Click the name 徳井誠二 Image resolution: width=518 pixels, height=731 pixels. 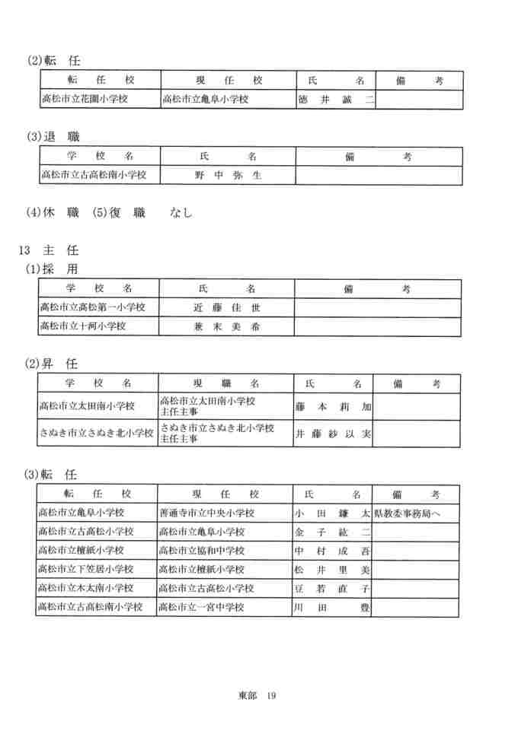tap(335, 100)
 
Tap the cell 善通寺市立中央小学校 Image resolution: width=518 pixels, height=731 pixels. tap(206, 513)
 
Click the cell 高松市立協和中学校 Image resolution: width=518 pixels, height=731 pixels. tap(202, 551)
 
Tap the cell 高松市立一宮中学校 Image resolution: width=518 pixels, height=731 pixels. tap(202, 607)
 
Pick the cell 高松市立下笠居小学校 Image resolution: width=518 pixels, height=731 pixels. tap(85, 569)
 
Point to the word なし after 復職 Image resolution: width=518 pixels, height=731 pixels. tap(181, 214)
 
